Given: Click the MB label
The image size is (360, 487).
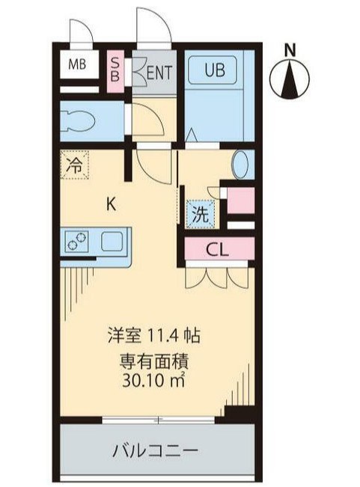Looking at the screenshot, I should pyautogui.click(x=78, y=64).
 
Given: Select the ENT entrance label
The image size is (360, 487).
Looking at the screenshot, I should pyautogui.click(x=157, y=73).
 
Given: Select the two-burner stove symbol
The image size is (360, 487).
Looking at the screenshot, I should pyautogui.click(x=76, y=241).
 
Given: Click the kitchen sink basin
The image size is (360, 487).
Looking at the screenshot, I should pyautogui.click(x=112, y=241).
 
